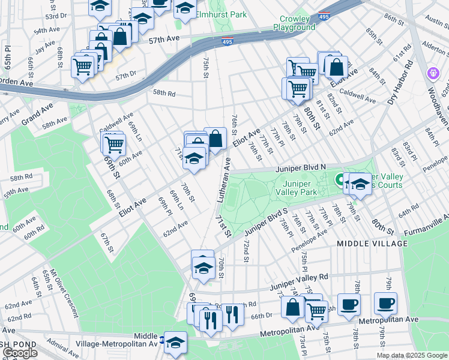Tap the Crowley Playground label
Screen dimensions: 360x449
[x=294, y=23]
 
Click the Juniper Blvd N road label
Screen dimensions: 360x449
[x=300, y=169]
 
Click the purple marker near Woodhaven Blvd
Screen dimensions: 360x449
[x=433, y=74]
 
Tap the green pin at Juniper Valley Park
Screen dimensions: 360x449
[x=339, y=179]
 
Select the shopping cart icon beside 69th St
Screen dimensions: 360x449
[x=113, y=144]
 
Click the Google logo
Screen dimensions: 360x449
[x=20, y=353]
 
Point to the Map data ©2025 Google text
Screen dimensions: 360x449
[x=412, y=355]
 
